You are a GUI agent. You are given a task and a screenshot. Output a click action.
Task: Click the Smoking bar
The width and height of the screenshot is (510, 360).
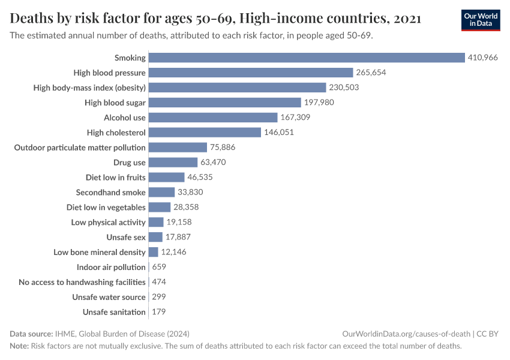coord(307,58)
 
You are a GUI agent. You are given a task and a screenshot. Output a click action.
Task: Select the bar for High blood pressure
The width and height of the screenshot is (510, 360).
coord(251,73)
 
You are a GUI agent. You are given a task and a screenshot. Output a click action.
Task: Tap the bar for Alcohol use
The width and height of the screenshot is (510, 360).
coord(213,118)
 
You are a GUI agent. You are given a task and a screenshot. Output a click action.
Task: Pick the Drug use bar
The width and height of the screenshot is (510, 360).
coord(173,163)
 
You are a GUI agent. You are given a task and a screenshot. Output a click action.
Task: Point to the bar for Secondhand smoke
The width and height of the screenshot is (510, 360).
coord(161,193)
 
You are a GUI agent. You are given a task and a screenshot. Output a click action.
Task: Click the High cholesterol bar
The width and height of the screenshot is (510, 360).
coord(205,133)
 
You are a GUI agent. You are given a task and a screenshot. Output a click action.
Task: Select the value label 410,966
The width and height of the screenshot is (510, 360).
coord(483,58)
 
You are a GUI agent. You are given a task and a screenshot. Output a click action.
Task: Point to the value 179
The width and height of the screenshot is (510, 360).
coord(159,312)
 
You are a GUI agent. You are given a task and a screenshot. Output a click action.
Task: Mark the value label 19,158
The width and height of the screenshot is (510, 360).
coord(179,222)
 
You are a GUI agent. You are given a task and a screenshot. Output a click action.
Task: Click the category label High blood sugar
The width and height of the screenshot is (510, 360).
coord(115,103)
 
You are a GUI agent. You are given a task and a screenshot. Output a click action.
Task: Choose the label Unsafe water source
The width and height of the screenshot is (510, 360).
coord(109,297)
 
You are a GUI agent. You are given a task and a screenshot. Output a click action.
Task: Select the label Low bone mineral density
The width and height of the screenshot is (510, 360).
coord(100,252)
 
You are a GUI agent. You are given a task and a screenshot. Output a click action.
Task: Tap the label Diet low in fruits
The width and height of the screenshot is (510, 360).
coord(116,178)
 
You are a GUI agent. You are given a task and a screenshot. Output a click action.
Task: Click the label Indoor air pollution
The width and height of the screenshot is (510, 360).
coord(111,267)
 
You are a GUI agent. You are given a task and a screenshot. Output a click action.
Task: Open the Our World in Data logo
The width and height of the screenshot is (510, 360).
coord(480,20)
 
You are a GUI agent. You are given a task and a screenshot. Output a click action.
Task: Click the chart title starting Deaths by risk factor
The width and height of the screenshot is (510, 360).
coord(215,19)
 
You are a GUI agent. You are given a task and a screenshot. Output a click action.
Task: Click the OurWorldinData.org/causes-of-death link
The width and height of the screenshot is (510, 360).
coord(406,334)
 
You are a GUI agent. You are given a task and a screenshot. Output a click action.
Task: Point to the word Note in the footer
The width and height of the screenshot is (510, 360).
coord(19,346)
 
